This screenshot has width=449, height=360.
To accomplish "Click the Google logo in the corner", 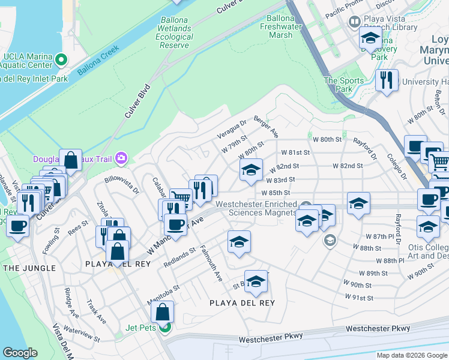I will point(20,353).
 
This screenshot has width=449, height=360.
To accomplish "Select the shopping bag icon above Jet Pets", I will point(162,311).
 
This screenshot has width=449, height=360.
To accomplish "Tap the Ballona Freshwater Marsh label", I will point(284,26).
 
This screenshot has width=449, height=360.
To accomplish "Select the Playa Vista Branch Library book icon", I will point(355,22).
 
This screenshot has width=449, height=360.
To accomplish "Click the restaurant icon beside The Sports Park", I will point(387,79).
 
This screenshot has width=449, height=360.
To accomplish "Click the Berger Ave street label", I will point(266,126).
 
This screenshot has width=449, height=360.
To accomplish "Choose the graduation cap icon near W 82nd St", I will point(252,169).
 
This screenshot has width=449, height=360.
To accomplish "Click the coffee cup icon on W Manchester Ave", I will point(175,224).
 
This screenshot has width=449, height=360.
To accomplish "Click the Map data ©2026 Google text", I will point(411,355).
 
